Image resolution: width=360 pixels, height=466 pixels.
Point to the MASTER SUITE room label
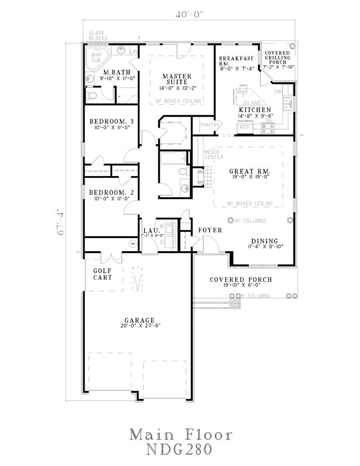[177, 79]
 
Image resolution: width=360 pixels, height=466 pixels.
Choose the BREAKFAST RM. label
[236, 61]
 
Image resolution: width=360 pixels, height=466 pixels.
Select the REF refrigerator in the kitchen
[244, 127]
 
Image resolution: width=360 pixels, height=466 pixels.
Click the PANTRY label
[210, 125]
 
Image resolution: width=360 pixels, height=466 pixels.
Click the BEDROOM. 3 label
[111, 121]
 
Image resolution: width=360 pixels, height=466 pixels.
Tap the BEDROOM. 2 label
[111, 192]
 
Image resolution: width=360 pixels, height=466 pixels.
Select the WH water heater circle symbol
[133, 244]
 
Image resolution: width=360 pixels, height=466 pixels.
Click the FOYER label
[210, 230]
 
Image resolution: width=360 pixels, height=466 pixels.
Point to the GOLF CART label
[103, 274]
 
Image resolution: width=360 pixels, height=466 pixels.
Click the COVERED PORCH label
[241, 280]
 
